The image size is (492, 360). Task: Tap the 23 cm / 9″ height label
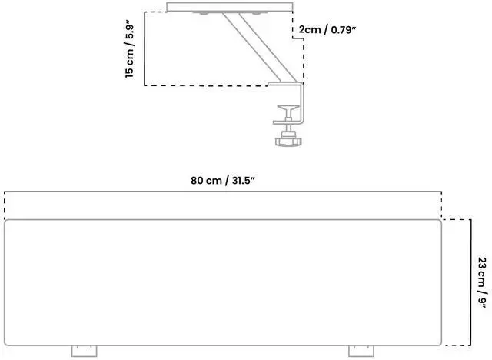[x=482, y=282]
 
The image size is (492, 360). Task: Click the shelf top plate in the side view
[x=230, y=8]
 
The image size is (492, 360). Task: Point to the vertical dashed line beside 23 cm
[x=469, y=282]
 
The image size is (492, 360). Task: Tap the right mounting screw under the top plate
[x=254, y=14]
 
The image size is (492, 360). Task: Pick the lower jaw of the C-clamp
[x=289, y=121]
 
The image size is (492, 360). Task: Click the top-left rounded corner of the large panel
[x=8, y=223]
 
